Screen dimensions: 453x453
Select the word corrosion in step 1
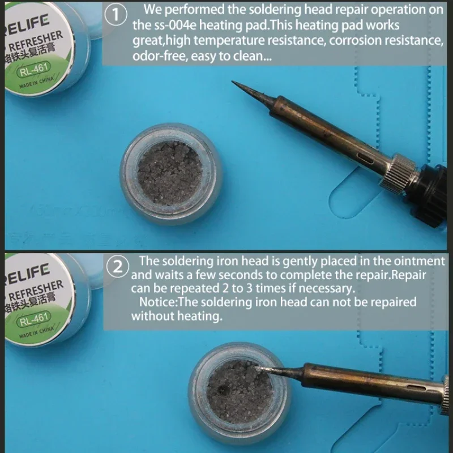357,41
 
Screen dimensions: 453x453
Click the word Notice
158,302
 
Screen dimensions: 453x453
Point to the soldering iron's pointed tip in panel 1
236,84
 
